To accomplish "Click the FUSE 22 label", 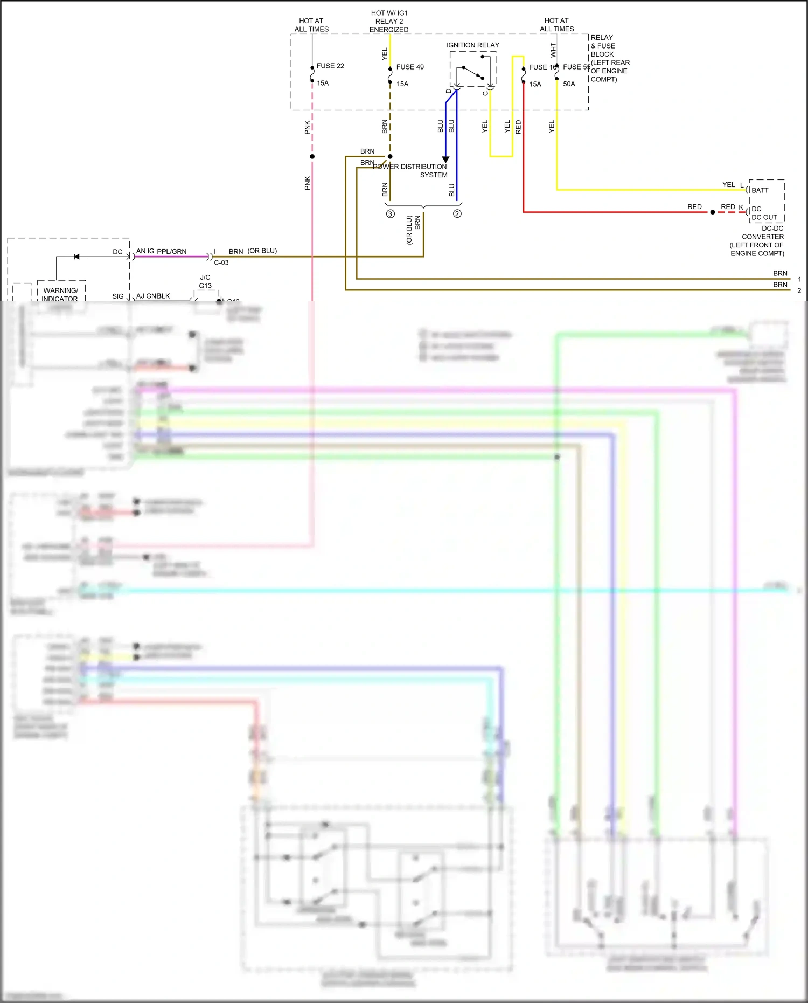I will click(330, 66).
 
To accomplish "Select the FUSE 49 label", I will click(409, 67).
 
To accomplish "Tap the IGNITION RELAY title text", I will click(472, 45).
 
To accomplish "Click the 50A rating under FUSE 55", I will click(569, 84).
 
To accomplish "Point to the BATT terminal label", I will click(760, 190).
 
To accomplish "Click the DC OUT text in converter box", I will click(764, 218).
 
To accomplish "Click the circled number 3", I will click(391, 214).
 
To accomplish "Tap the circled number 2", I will click(457, 214).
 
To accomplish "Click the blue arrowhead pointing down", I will click(445, 160).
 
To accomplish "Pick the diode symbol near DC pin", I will click(76, 257).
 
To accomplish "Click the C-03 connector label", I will click(221, 263).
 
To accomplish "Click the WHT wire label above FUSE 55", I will click(553, 50).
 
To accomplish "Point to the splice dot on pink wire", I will click(312, 157).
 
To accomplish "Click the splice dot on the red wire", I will click(712, 212).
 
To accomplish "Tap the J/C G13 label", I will click(205, 282).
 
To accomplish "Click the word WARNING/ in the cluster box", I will click(60, 290).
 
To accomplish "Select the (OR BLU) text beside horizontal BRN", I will click(262, 251).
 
